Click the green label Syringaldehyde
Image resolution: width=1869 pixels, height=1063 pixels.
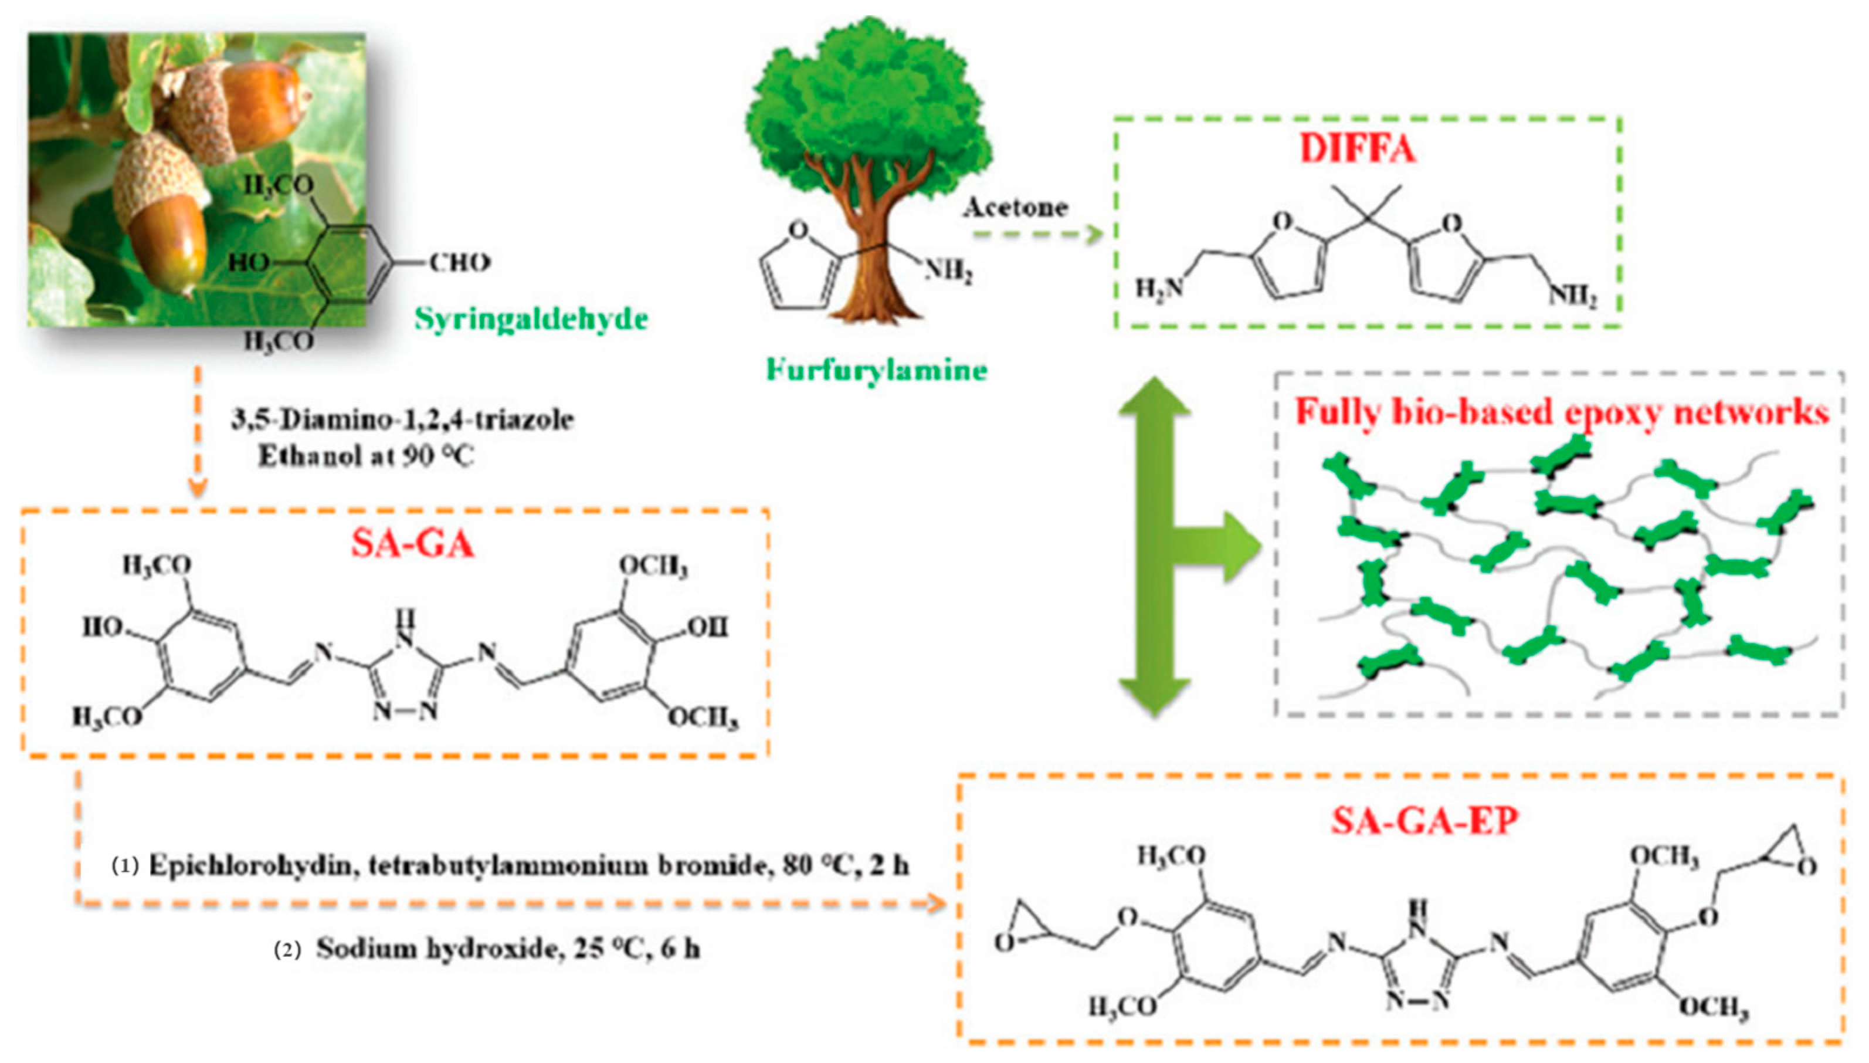(531, 319)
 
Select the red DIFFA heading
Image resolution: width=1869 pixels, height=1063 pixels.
(1358, 148)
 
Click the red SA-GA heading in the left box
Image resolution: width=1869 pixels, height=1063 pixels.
(412, 543)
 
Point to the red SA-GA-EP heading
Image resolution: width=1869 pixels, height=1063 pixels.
(1424, 820)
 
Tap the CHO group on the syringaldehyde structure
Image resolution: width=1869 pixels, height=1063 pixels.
(459, 262)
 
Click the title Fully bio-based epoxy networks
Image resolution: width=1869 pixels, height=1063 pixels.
(1562, 412)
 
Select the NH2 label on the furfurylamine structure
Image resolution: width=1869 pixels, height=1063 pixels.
(949, 272)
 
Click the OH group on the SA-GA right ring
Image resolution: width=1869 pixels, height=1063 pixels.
(707, 627)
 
